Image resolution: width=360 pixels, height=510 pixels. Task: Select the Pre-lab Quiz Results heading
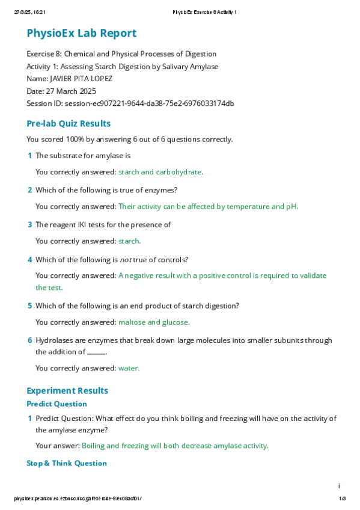coord(69,124)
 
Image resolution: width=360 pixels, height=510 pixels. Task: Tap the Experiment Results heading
coord(67,391)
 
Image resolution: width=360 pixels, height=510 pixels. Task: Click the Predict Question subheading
coord(57,404)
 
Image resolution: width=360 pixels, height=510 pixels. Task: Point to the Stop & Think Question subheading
coord(67,463)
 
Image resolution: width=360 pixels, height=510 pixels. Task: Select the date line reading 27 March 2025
coord(61,91)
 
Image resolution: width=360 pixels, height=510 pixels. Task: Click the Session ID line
coord(130,103)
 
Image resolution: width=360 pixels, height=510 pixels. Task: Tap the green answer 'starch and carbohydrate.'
coord(161,172)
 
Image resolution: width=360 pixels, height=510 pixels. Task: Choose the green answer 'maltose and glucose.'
coord(154,322)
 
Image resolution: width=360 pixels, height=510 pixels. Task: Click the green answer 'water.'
coord(129,368)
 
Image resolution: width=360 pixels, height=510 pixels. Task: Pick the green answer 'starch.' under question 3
coord(130,241)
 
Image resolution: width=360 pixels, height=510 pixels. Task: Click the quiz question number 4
coord(30,260)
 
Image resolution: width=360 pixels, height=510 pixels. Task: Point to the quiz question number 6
coord(30,340)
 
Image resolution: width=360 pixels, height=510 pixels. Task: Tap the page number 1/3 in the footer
coord(342,499)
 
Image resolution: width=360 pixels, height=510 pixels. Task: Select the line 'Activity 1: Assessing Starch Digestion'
coord(123,66)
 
